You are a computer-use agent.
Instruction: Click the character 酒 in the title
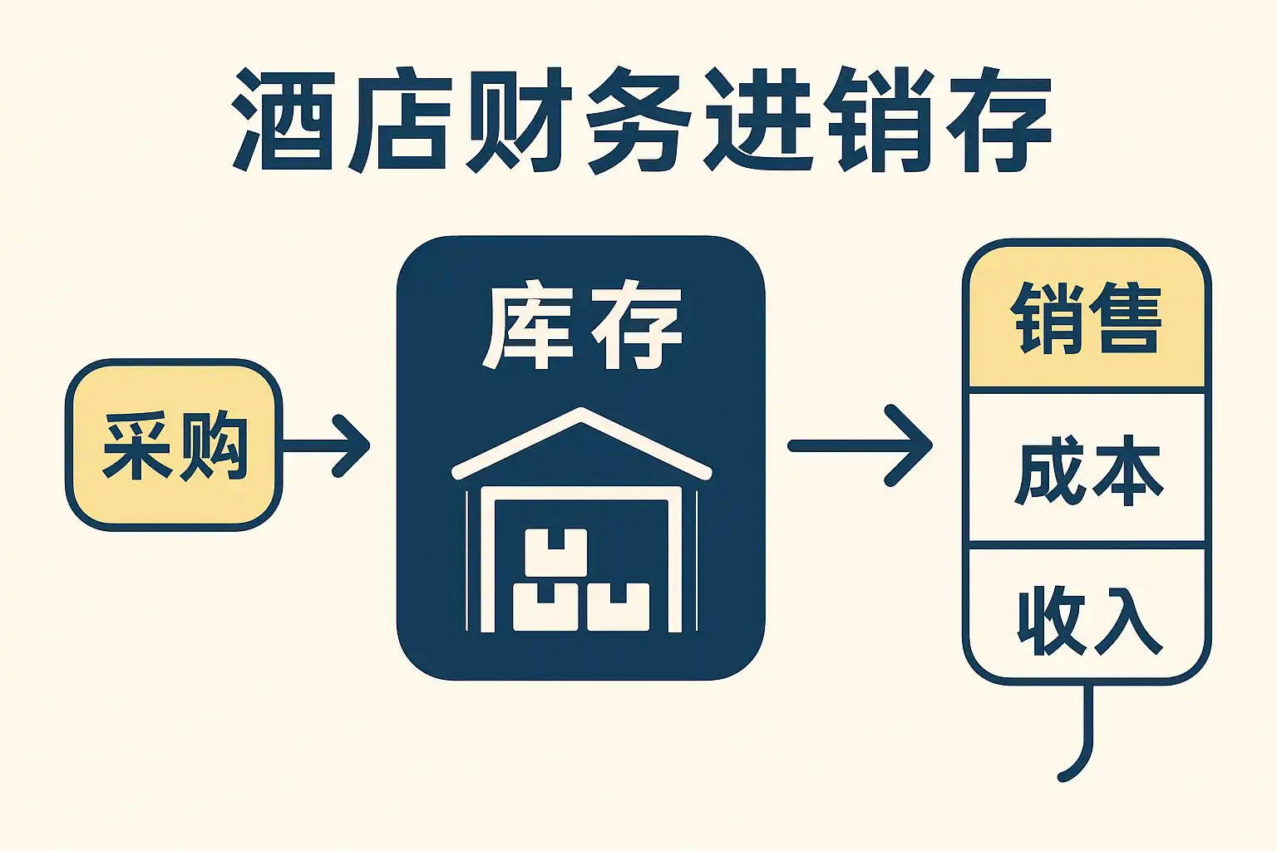(x=282, y=120)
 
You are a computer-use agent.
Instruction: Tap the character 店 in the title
(x=398, y=120)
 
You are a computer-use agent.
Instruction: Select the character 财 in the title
(x=518, y=120)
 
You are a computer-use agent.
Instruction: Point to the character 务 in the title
(x=638, y=121)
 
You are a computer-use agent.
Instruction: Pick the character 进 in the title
(x=758, y=120)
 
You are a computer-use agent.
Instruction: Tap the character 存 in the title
(x=998, y=120)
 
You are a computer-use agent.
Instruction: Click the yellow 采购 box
(x=174, y=445)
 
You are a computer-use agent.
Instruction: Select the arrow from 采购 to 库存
(x=326, y=445)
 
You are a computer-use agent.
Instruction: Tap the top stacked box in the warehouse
(x=556, y=553)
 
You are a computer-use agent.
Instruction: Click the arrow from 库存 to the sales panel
(x=860, y=445)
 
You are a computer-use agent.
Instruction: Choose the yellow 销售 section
(x=1087, y=317)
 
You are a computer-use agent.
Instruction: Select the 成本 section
(x=1087, y=468)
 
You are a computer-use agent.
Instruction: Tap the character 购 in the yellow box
(x=214, y=445)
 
